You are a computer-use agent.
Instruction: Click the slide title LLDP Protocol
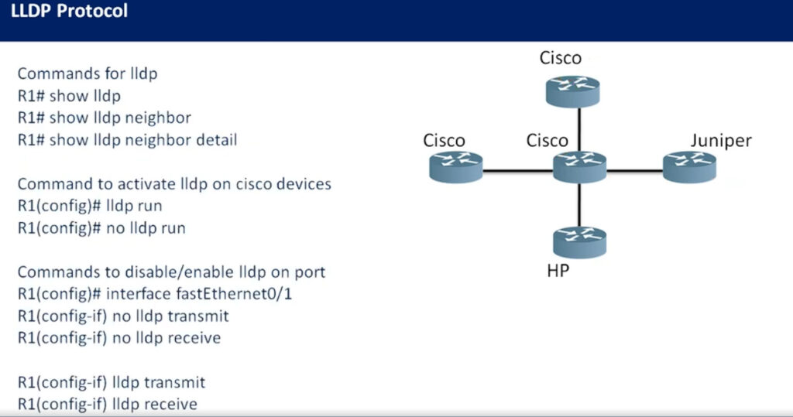69,11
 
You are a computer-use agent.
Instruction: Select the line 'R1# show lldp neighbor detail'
128,139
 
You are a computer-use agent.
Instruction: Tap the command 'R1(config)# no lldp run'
101,228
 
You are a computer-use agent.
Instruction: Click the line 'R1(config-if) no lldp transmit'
123,316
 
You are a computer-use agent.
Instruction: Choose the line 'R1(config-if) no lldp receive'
119,337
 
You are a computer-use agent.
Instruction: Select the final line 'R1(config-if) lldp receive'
108,404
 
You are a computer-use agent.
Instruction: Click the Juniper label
721,141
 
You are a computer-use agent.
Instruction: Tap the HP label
558,271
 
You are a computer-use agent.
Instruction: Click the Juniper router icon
689,167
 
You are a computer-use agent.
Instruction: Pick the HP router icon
579,243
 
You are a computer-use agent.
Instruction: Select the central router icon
579,167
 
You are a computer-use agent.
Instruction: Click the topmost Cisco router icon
572,91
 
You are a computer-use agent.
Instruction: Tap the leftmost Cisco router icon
455,167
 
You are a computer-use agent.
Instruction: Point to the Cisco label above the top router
561,58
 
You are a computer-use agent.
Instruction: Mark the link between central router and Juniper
635,171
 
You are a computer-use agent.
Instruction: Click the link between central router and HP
579,205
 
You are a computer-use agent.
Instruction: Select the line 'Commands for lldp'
88,73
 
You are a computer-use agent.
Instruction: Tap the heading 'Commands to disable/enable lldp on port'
171,272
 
